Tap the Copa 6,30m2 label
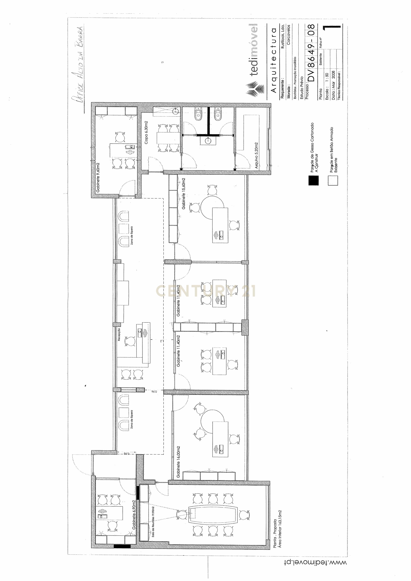(146, 132)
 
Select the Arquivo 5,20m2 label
(256, 155)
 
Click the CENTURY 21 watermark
(206, 291)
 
